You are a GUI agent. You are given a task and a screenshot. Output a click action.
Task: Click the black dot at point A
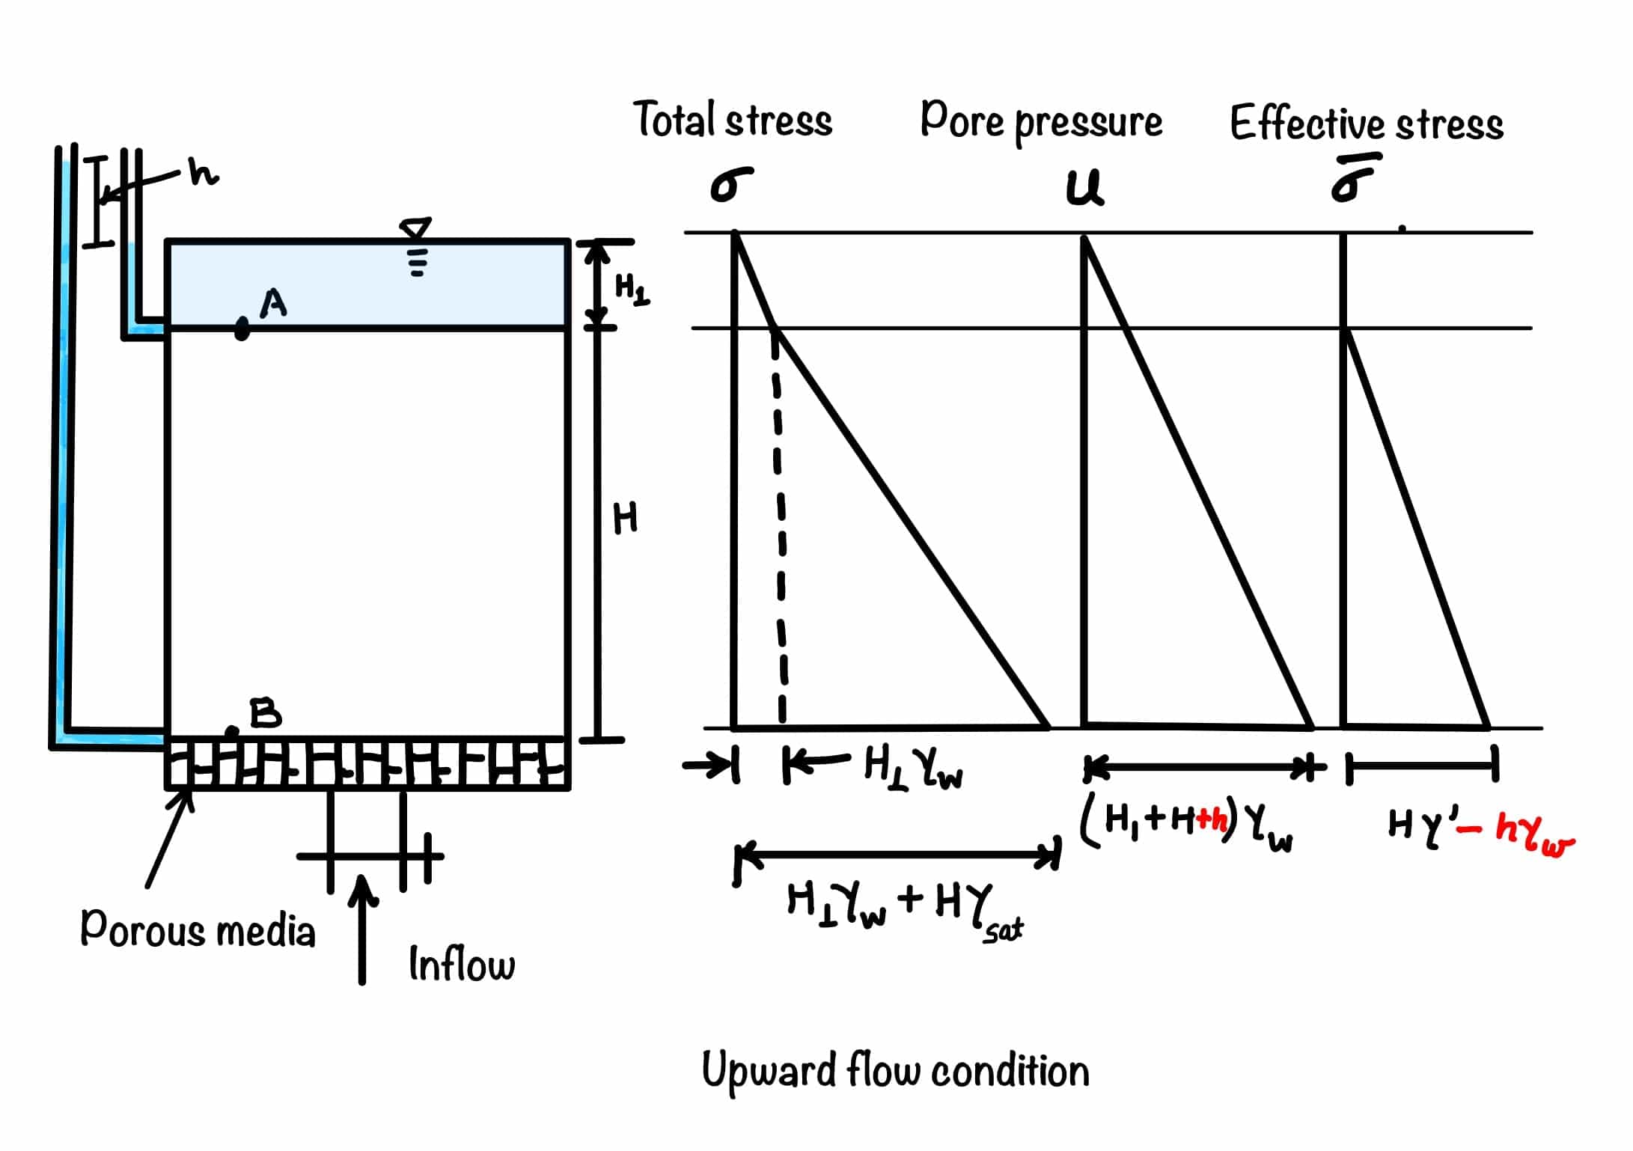pyautogui.click(x=242, y=329)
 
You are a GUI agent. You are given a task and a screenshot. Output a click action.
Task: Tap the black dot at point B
pyautogui.click(x=233, y=731)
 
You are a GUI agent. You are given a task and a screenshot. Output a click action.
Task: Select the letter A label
pyautogui.click(x=273, y=303)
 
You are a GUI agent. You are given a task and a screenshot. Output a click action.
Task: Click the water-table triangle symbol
pyautogui.click(x=416, y=228)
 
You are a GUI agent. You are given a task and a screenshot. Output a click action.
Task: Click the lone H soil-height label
pyautogui.click(x=625, y=518)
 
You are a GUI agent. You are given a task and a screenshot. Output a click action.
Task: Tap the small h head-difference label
pyautogui.click(x=203, y=173)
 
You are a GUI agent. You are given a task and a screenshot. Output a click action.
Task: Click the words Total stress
pyautogui.click(x=733, y=120)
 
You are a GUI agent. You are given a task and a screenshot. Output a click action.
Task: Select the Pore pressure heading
pyautogui.click(x=1041, y=121)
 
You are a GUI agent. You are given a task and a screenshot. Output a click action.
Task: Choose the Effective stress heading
pyautogui.click(x=1366, y=124)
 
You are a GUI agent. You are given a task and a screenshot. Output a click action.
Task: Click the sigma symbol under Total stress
pyautogui.click(x=730, y=184)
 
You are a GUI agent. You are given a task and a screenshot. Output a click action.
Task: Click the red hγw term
pyautogui.click(x=1534, y=832)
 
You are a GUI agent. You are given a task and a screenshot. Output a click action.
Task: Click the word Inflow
pyautogui.click(x=462, y=964)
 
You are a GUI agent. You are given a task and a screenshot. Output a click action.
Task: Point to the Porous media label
pyautogui.click(x=198, y=930)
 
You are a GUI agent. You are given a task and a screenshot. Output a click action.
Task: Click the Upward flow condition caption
pyautogui.click(x=895, y=1071)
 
